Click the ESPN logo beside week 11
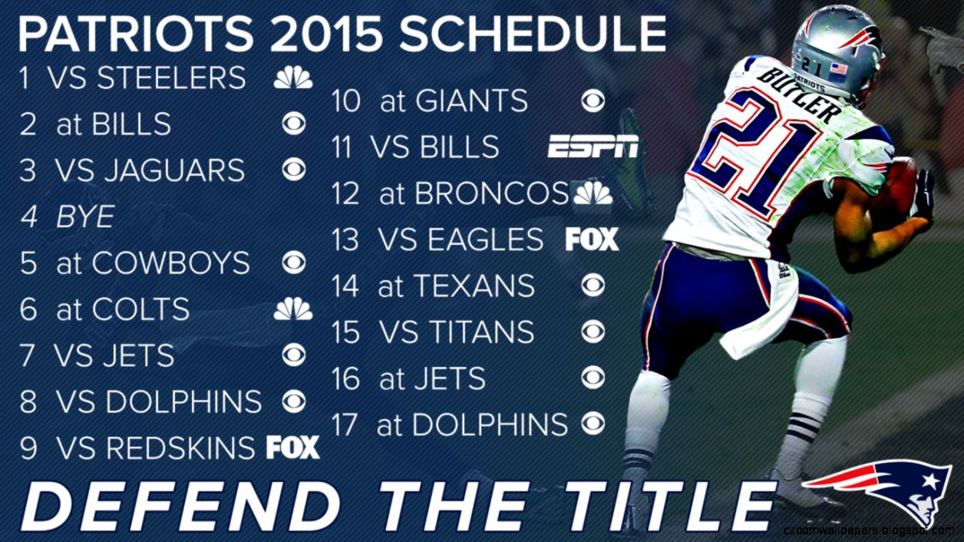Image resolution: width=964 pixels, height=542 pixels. tap(593, 147)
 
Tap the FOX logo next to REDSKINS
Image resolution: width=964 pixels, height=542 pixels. tap(292, 447)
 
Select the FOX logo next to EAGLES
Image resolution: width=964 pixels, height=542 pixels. tap(592, 240)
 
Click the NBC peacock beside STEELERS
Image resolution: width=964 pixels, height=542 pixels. tap(293, 78)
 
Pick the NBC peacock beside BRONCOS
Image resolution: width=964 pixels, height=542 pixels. tap(593, 193)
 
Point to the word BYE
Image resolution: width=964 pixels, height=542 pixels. tap(85, 217)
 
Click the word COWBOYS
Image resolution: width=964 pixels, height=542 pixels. tap(171, 263)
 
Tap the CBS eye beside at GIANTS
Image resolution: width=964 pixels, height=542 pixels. tap(593, 101)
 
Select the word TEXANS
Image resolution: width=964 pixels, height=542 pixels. tap(474, 286)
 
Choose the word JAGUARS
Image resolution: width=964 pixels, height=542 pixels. tap(173, 170)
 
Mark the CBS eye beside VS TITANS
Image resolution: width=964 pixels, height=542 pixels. tap(593, 332)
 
